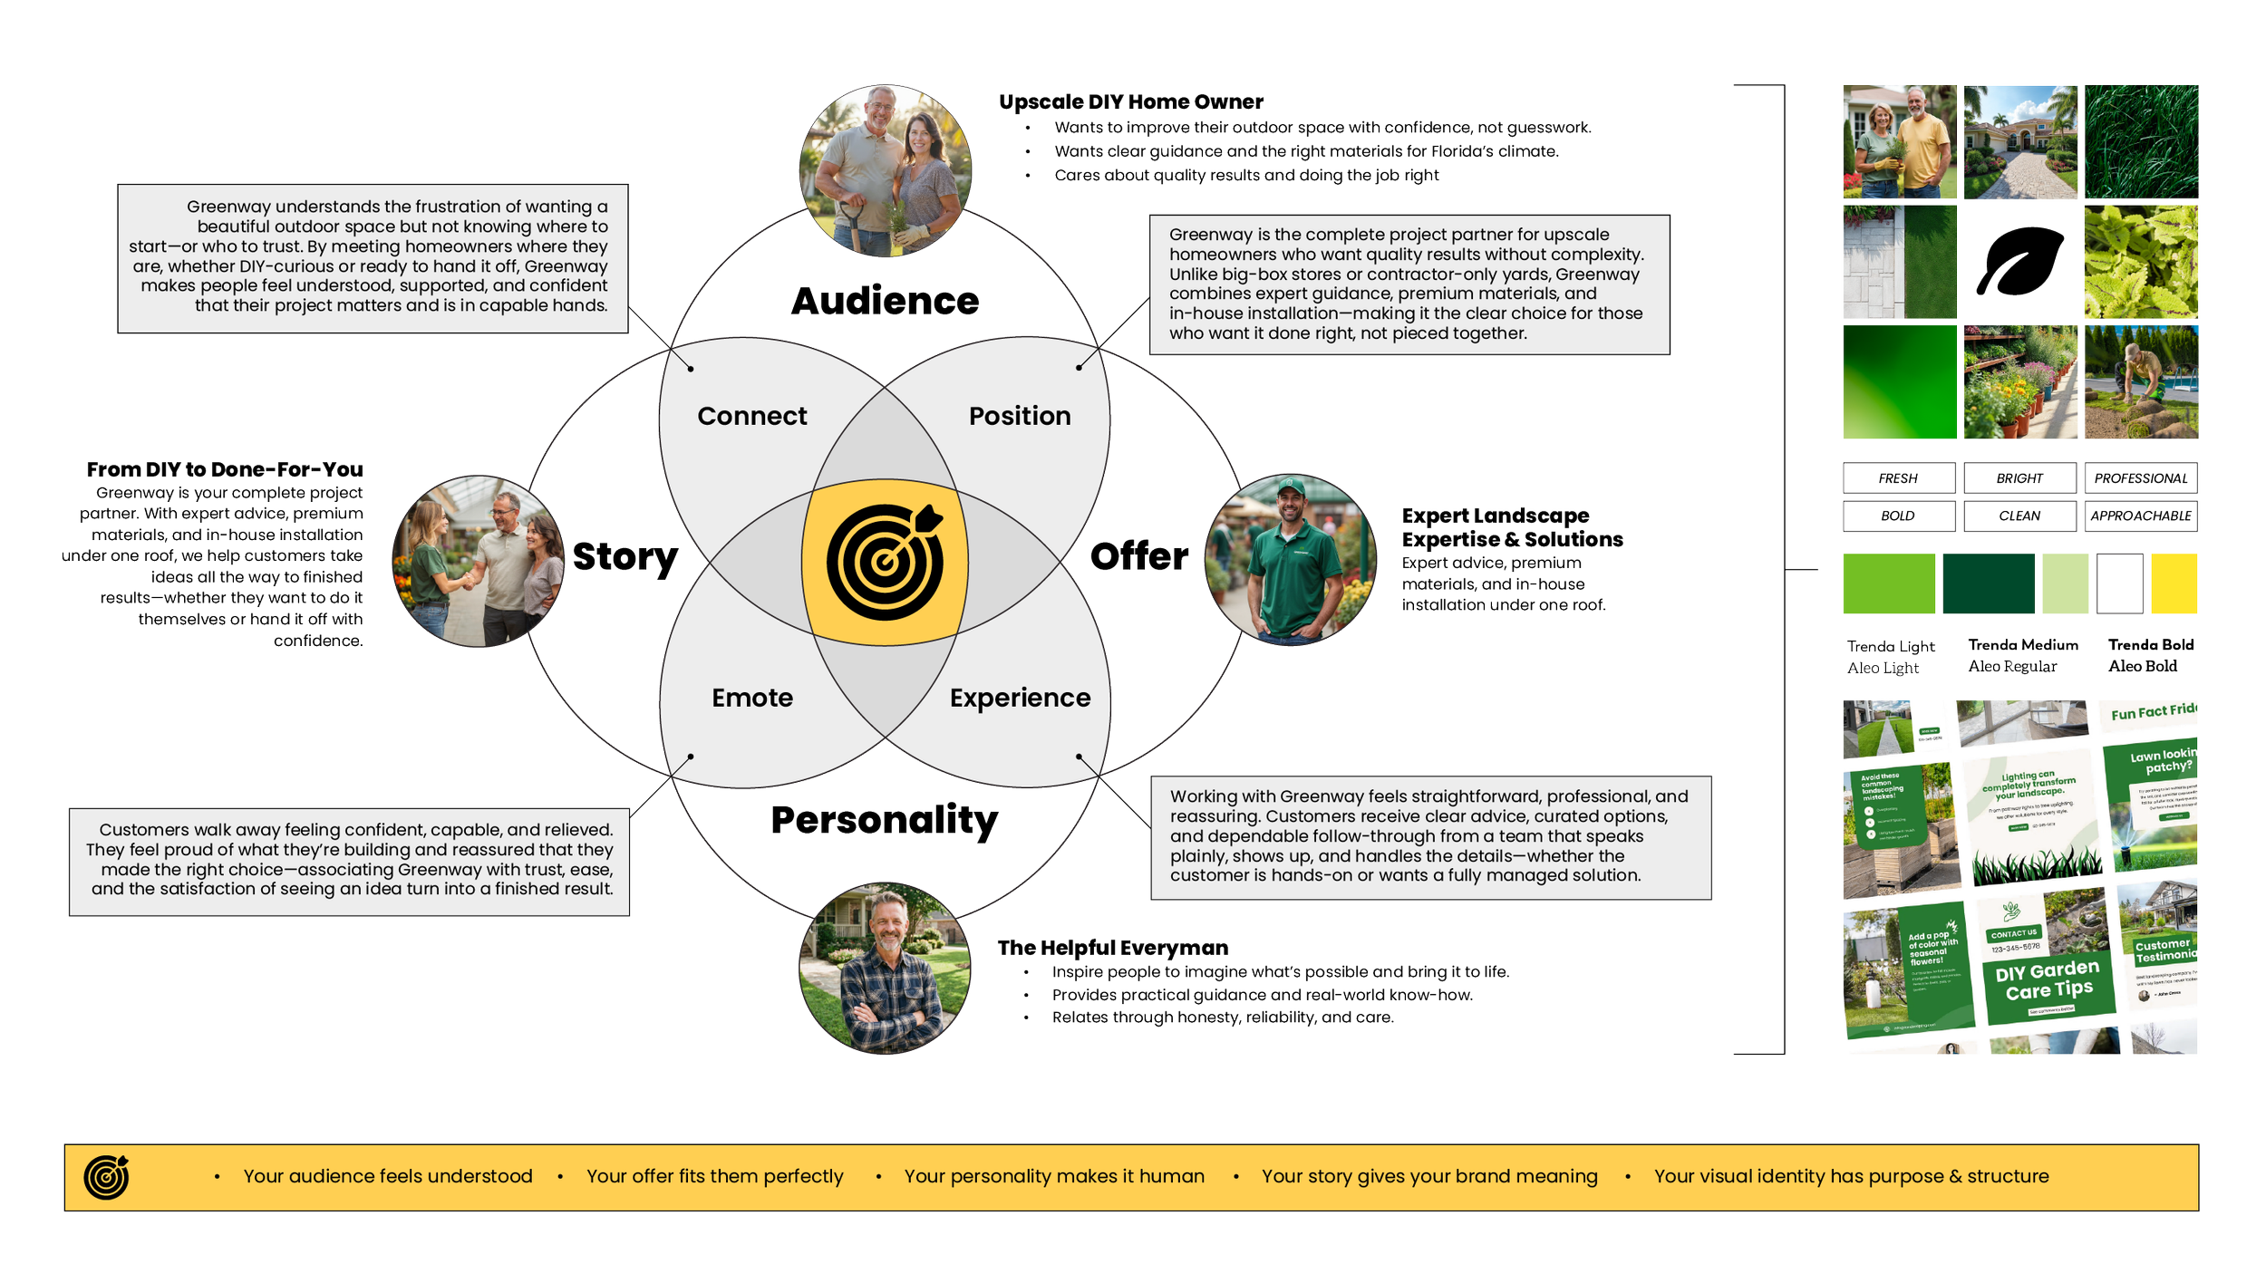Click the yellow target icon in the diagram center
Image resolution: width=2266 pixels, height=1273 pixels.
[885, 562]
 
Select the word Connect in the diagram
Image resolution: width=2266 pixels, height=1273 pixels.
[751, 416]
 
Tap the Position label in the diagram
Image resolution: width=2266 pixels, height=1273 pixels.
[1020, 416]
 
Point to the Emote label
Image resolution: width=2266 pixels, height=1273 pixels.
[751, 698]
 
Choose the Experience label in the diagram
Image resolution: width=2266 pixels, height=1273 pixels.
[1020, 698]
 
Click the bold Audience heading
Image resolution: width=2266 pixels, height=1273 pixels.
[885, 302]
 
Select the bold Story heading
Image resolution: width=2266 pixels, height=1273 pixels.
[625, 557]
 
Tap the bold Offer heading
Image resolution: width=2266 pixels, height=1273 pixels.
[1139, 557]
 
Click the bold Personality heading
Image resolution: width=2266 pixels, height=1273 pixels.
[884, 820]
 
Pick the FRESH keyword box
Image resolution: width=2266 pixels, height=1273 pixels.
[1898, 478]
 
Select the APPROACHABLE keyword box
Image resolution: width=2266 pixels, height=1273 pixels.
[2140, 516]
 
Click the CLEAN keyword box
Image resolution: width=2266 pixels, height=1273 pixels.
[2019, 516]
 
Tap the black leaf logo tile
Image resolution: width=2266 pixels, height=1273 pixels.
[2020, 264]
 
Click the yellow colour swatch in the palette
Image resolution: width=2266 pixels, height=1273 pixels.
[2174, 594]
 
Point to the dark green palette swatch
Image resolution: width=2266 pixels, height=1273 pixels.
[1988, 594]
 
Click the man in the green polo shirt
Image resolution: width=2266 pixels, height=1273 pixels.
[1290, 560]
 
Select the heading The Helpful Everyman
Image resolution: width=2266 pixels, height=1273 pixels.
[1112, 948]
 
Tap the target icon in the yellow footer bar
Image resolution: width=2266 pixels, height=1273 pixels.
[106, 1177]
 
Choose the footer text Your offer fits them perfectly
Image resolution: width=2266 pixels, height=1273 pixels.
[714, 1176]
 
